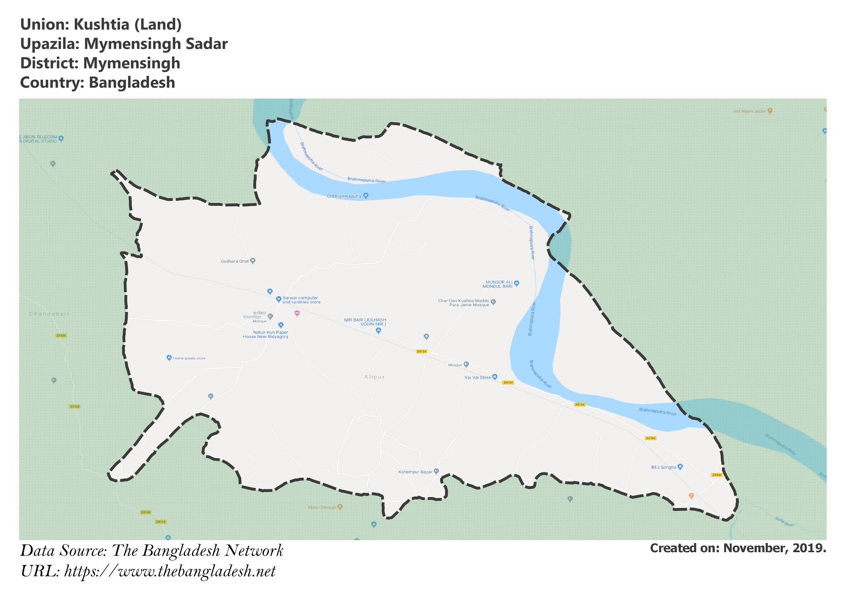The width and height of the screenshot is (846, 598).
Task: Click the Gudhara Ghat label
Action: (x=235, y=261)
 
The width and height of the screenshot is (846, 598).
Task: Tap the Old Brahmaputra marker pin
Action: (x=366, y=196)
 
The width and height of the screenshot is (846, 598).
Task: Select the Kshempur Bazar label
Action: (x=415, y=472)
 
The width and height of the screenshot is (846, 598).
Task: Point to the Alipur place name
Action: (x=375, y=377)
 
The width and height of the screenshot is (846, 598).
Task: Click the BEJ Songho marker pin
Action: (x=680, y=467)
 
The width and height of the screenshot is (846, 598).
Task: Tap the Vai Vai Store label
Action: (x=478, y=377)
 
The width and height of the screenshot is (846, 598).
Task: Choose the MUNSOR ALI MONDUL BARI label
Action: (x=499, y=284)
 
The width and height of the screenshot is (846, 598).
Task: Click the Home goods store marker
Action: (x=169, y=358)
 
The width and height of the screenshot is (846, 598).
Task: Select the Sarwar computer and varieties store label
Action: (x=301, y=300)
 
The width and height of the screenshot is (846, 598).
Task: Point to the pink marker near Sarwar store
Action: (x=297, y=313)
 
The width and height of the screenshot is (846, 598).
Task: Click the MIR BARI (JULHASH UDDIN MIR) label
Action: (x=365, y=322)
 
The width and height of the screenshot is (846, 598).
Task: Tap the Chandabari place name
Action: (x=49, y=314)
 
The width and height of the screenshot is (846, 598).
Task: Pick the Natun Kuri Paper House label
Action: (x=265, y=335)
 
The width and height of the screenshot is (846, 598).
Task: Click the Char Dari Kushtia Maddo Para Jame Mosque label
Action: (x=463, y=303)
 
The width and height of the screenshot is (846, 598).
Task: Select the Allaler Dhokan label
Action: (x=322, y=507)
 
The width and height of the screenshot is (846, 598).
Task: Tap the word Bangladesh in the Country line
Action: (x=132, y=83)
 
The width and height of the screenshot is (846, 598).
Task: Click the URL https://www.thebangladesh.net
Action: (x=170, y=572)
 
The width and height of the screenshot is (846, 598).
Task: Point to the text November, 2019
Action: (x=775, y=548)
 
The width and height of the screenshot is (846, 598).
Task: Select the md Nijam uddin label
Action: (x=749, y=111)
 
